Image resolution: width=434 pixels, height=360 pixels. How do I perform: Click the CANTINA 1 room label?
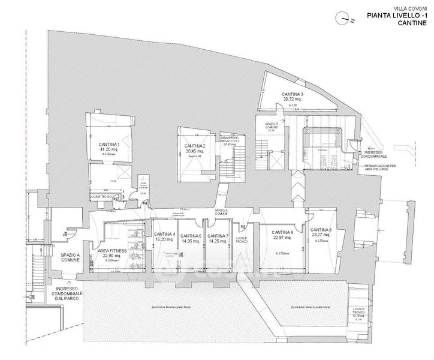(x=110, y=145)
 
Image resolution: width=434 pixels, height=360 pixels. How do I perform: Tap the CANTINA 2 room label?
(x=195, y=146)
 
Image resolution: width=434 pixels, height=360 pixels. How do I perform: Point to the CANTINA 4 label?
(x=164, y=235)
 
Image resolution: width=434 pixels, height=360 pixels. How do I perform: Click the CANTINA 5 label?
(x=191, y=235)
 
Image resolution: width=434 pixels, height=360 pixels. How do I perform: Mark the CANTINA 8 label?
(x=282, y=233)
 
